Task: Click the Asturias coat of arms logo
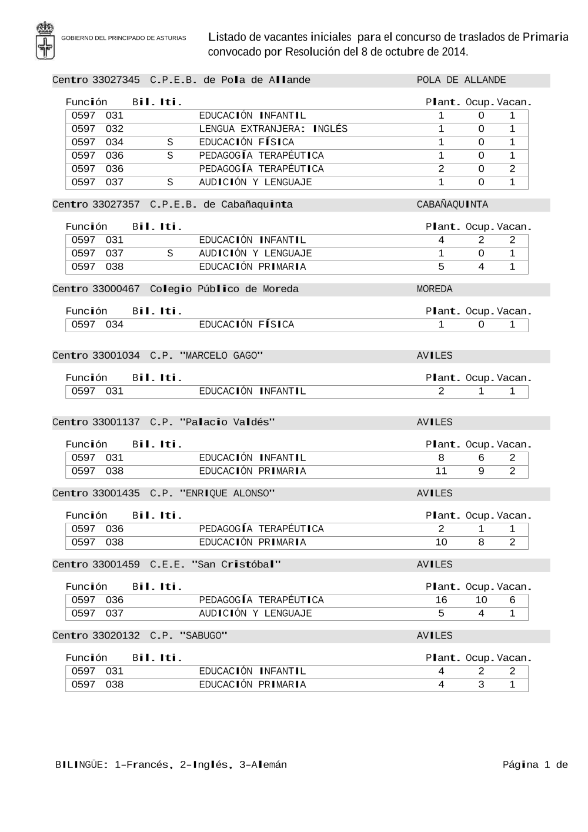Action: [45, 40]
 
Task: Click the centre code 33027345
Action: [116, 80]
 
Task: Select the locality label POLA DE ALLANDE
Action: [461, 80]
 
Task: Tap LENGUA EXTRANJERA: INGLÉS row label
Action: [273, 129]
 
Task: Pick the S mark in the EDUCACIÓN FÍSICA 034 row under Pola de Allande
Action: [170, 142]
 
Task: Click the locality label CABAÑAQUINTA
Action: [452, 205]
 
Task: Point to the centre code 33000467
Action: [116, 289]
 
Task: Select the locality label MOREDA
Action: [435, 289]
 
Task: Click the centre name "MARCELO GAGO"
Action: [221, 356]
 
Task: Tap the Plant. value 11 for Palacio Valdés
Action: [441, 471]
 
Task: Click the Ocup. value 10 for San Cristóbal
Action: [481, 600]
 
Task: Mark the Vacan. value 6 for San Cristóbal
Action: [512, 600]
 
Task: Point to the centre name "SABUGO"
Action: [203, 636]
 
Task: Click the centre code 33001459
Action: [116, 564]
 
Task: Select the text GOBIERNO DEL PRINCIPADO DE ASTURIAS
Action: [123, 38]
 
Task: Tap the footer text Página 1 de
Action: [535, 765]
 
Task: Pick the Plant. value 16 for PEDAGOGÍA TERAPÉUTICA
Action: [441, 600]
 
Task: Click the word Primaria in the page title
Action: [546, 37]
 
